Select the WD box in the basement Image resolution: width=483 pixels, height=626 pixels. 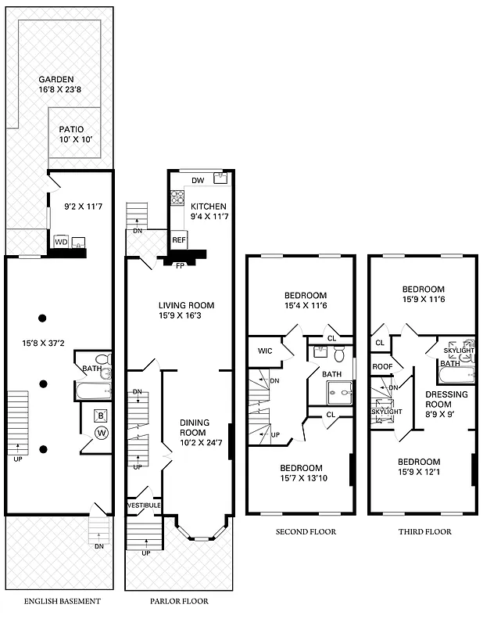pos(60,243)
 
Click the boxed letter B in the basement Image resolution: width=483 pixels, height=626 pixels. pos(100,416)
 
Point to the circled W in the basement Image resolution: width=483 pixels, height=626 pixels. pos(100,433)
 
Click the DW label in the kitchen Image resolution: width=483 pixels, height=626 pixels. pos(198,181)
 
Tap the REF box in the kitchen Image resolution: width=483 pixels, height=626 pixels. pos(178,239)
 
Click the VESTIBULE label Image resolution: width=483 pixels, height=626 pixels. pos(144,505)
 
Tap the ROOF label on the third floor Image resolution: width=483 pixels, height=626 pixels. pos(381,366)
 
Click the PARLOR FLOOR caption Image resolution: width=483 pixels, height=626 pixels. pos(179,601)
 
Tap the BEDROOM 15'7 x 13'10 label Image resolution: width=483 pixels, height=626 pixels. pos(301,473)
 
